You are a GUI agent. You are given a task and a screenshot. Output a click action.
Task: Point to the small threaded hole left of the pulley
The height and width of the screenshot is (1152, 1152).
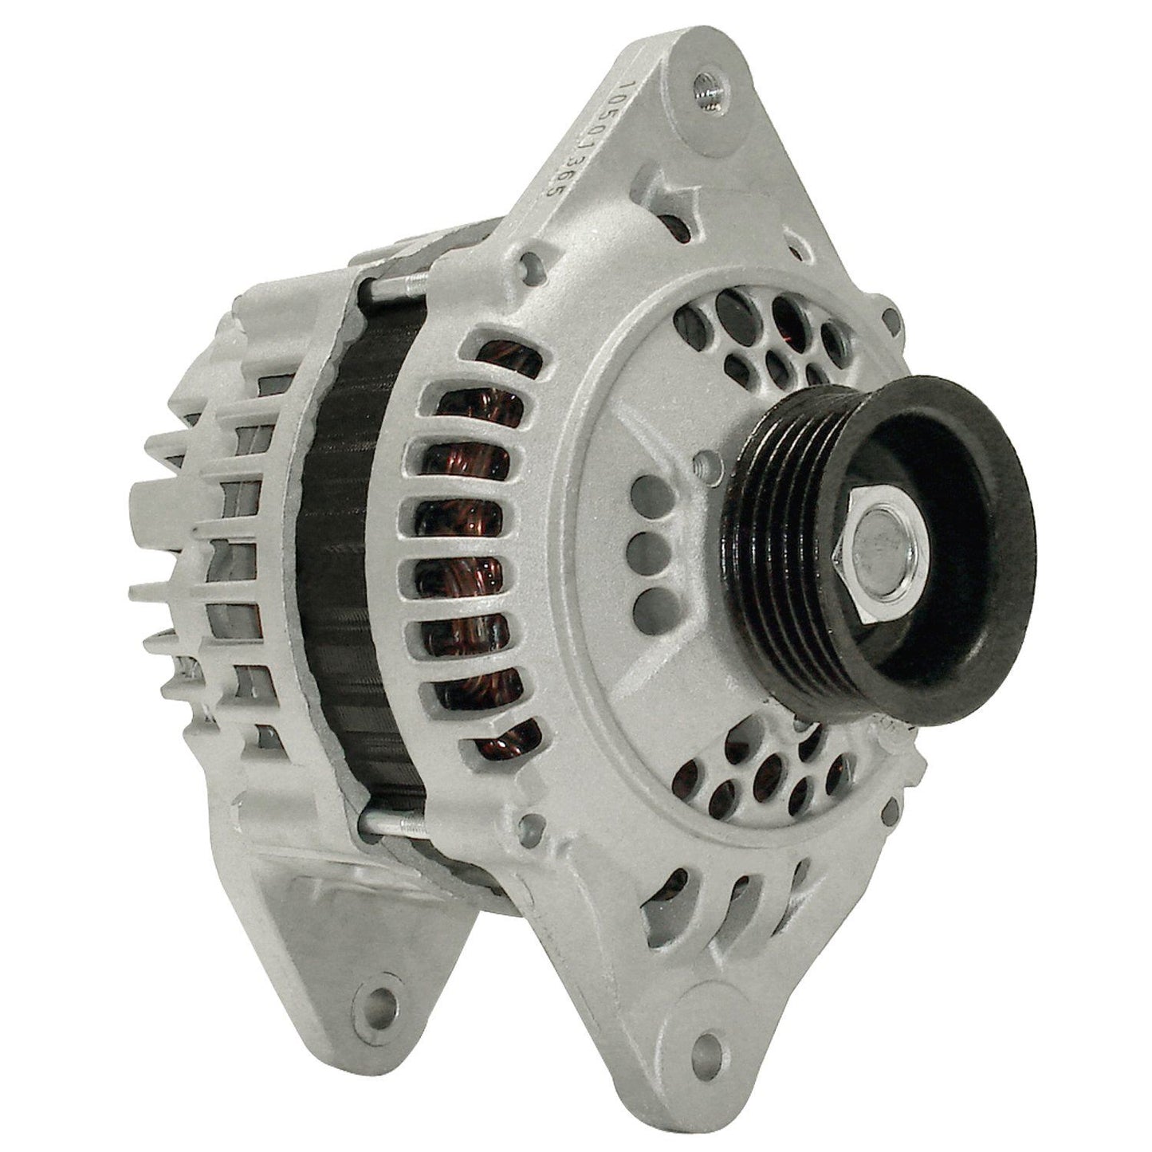coord(700,460)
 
